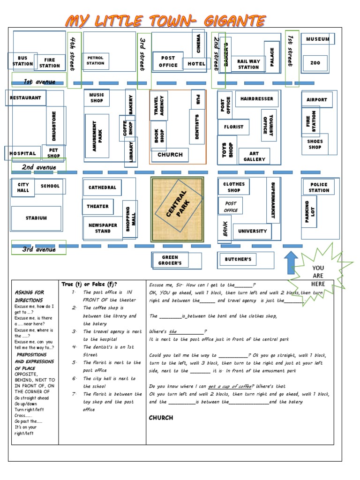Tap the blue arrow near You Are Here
pyautogui.click(x=291, y=262)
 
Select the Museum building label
pyautogui.click(x=317, y=39)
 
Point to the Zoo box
pyautogui.click(x=315, y=62)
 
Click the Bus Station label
pyautogui.click(x=22, y=61)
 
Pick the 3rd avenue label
pyautogui.click(x=39, y=249)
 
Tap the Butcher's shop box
pyautogui.click(x=238, y=259)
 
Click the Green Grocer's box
pyautogui.click(x=170, y=260)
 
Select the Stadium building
pyautogui.click(x=36, y=218)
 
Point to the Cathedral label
pyautogui.click(x=102, y=187)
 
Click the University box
pyautogui.click(x=252, y=231)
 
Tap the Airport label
pyautogui.click(x=316, y=100)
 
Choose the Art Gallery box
pyautogui.click(x=254, y=157)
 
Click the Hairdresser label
pyautogui.click(x=256, y=99)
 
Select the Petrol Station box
pyautogui.click(x=95, y=60)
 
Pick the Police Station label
pyautogui.click(x=319, y=187)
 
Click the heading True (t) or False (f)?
pyautogui.click(x=89, y=284)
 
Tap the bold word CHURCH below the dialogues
pyautogui.click(x=161, y=418)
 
